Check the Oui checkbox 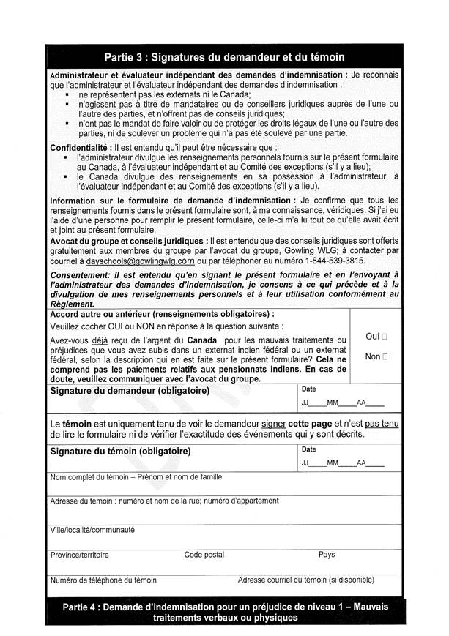tap(385, 337)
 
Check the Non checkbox tap(385, 356)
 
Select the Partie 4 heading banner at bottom tap(224, 612)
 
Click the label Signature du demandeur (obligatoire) tap(130, 391)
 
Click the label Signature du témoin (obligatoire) tap(119, 451)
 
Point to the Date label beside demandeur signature tap(308, 389)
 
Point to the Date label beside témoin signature tap(308, 449)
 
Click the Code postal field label tap(204, 555)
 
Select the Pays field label tap(327, 555)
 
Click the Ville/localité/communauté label tap(92, 529)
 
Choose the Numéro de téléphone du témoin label tap(103, 580)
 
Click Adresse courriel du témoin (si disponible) tap(305, 580)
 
